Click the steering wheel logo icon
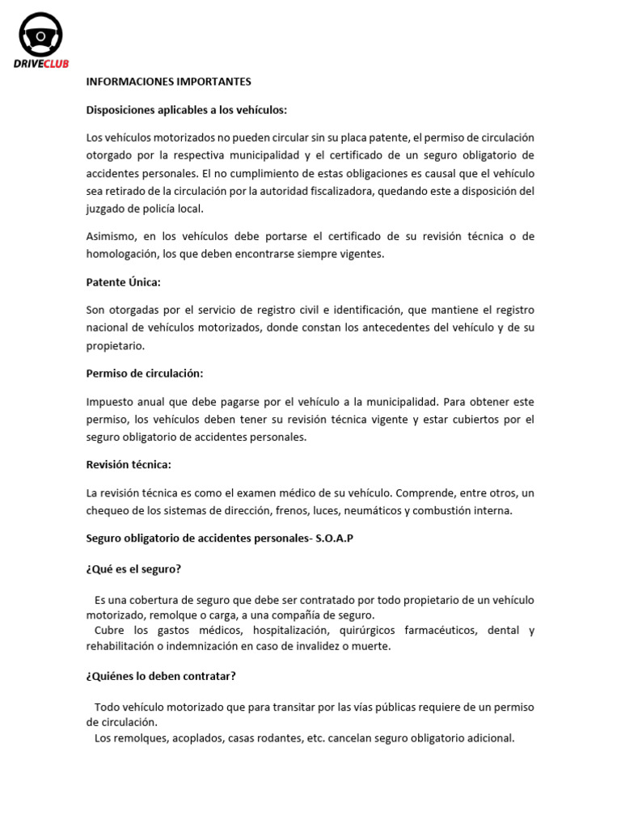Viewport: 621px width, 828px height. [40, 36]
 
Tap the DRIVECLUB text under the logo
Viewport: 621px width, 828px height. [40, 65]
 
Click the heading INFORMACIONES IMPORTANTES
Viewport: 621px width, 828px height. [169, 82]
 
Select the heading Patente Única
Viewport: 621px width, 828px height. [124, 282]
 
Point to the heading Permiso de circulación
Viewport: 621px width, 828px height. [145, 374]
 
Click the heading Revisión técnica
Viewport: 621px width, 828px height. [129, 465]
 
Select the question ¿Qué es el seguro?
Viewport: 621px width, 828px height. [133, 569]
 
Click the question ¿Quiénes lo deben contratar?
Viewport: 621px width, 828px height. [161, 676]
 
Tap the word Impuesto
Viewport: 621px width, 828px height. [112, 402]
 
